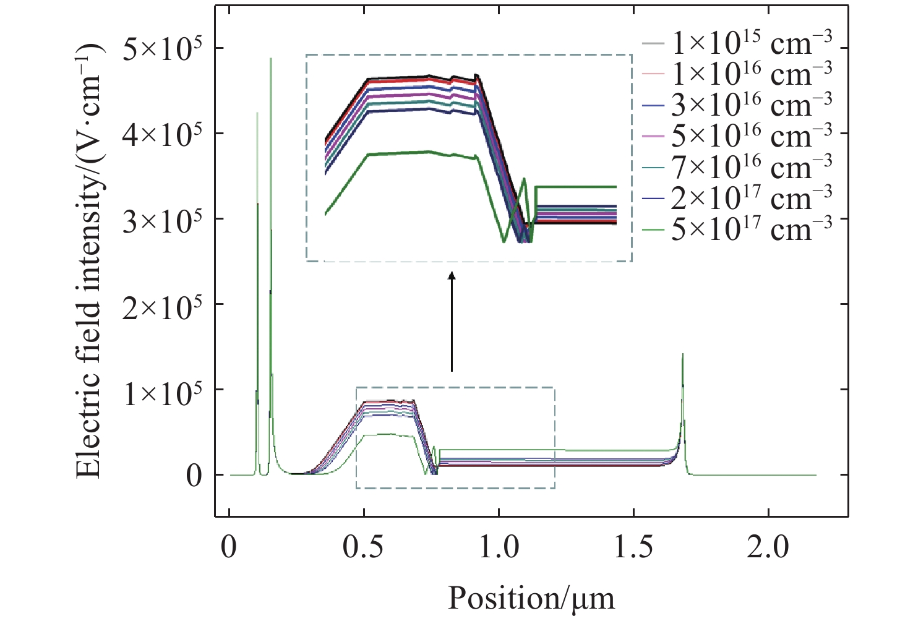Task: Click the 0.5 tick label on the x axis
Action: click(364, 547)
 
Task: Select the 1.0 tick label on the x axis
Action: click(499, 547)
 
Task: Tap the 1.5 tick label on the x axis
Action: click(633, 547)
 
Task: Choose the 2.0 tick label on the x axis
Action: click(768, 547)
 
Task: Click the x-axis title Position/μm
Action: click(531, 598)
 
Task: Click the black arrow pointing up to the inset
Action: click(452, 322)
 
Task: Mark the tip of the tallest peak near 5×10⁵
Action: click(270, 59)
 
